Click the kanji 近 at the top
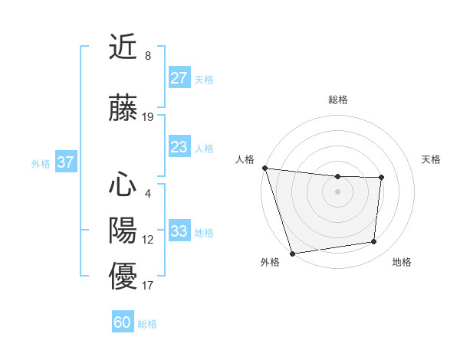[x=123, y=47]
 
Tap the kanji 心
[x=123, y=185]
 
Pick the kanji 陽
[x=123, y=230]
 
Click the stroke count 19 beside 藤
[x=148, y=117]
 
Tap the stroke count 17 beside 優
[x=148, y=286]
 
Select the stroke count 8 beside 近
[x=147, y=56]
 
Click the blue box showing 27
[x=179, y=78]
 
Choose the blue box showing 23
[x=179, y=147]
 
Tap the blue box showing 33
[x=179, y=231]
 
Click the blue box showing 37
[x=65, y=162]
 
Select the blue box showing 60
[x=123, y=322]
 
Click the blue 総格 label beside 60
[x=147, y=324]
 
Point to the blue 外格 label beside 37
[x=41, y=163]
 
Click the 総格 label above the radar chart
[x=338, y=100]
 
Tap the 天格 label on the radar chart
[x=432, y=159]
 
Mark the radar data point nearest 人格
[x=264, y=168]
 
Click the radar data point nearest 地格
[x=374, y=242]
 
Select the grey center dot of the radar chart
[x=338, y=191]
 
